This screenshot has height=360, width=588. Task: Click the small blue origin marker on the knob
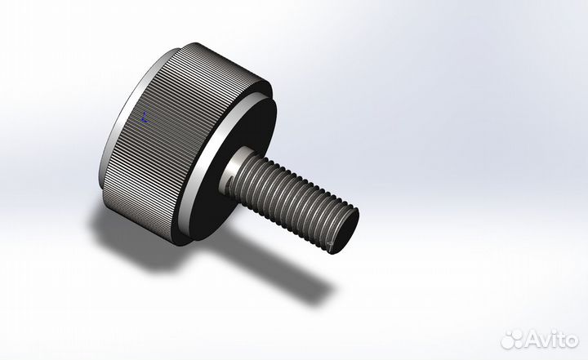(x=145, y=117)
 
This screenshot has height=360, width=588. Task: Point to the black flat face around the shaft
(x=245, y=131)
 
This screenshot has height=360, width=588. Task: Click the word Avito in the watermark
(x=549, y=338)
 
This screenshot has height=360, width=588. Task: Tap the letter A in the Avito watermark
(x=532, y=339)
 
